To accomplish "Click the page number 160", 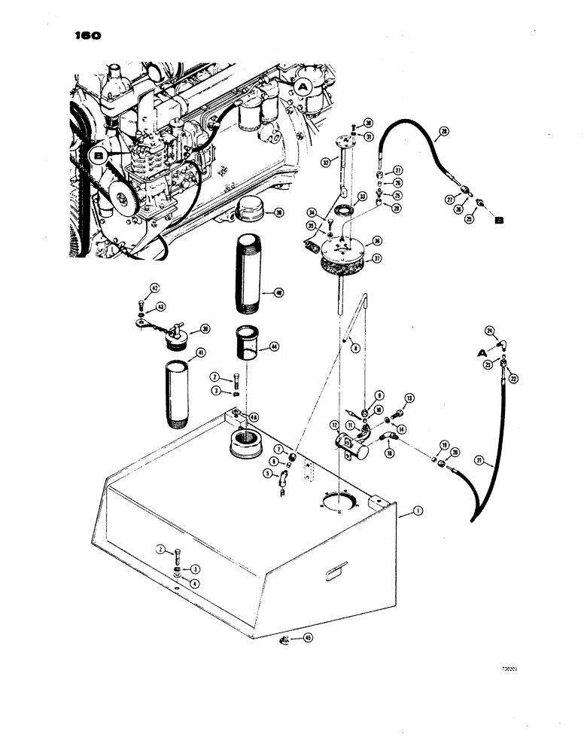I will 87,35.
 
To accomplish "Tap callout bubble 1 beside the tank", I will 418,511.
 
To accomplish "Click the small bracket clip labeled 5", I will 282,477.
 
